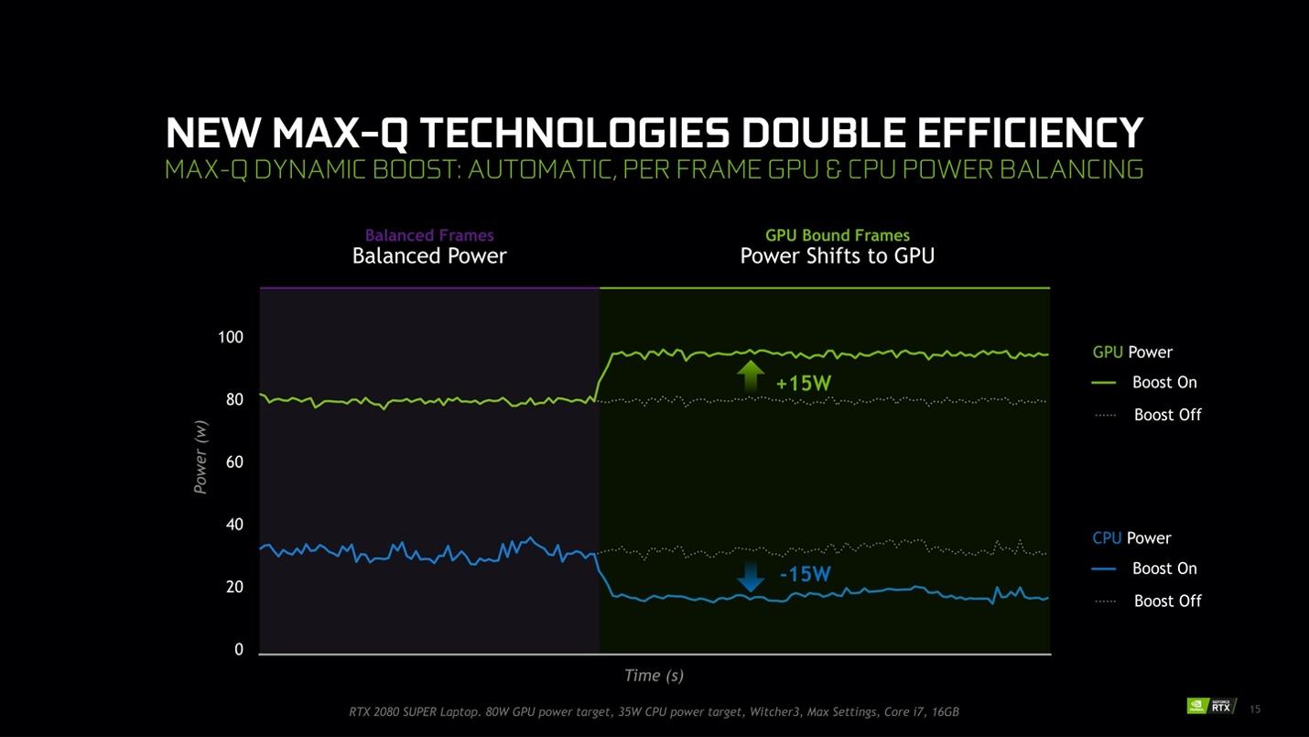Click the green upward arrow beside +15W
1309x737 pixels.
[x=751, y=376]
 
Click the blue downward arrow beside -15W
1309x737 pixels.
[x=751, y=577]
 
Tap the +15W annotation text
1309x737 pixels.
[x=803, y=384]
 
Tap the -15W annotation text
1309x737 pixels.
[x=805, y=575]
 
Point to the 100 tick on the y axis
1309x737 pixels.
[x=231, y=338]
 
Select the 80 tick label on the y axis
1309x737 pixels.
[x=234, y=400]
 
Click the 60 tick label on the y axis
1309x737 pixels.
[x=234, y=462]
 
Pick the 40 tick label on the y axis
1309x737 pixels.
[x=234, y=525]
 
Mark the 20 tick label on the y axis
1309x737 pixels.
[x=234, y=587]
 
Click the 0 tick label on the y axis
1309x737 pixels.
[x=239, y=649]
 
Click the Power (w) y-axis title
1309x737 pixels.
[x=200, y=457]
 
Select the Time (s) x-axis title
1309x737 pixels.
[x=654, y=676]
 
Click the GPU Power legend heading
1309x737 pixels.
[x=1132, y=352]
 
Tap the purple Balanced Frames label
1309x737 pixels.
[x=429, y=235]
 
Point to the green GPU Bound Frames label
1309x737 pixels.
[x=837, y=235]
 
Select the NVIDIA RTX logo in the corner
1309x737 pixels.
[x=1210, y=705]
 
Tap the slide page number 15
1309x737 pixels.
[x=1254, y=709]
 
